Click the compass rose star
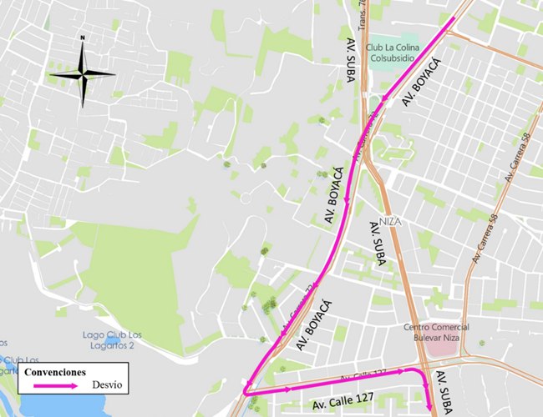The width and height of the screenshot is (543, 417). pos(82,73)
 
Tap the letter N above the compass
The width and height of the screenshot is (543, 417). pos(82,38)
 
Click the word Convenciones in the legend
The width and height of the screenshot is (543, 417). pos(54,371)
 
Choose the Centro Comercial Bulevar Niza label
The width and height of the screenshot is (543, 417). pos(437,331)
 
